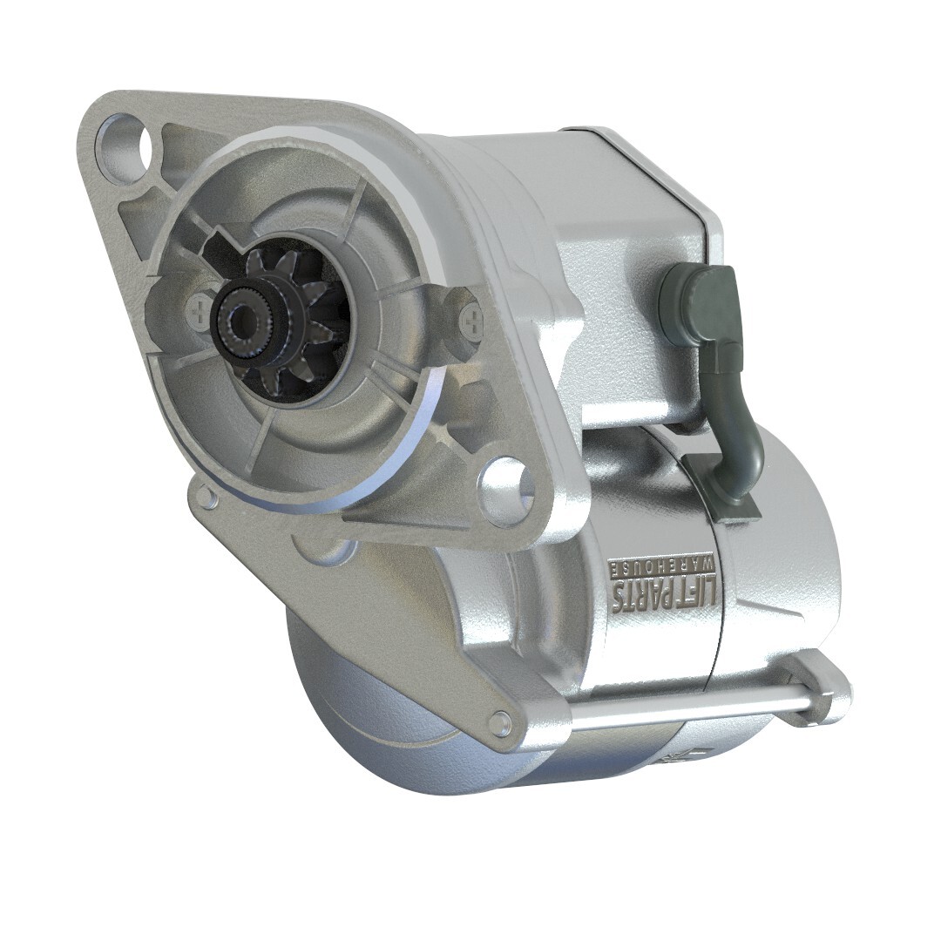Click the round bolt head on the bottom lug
pyautogui.click(x=498, y=722)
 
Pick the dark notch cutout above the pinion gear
pyautogui.click(x=228, y=242)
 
